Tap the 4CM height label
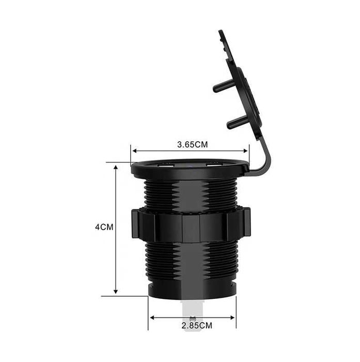point(104,227)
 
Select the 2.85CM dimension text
point(197,326)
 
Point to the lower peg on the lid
point(236,123)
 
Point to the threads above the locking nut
point(191,194)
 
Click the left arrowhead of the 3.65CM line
point(134,151)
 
